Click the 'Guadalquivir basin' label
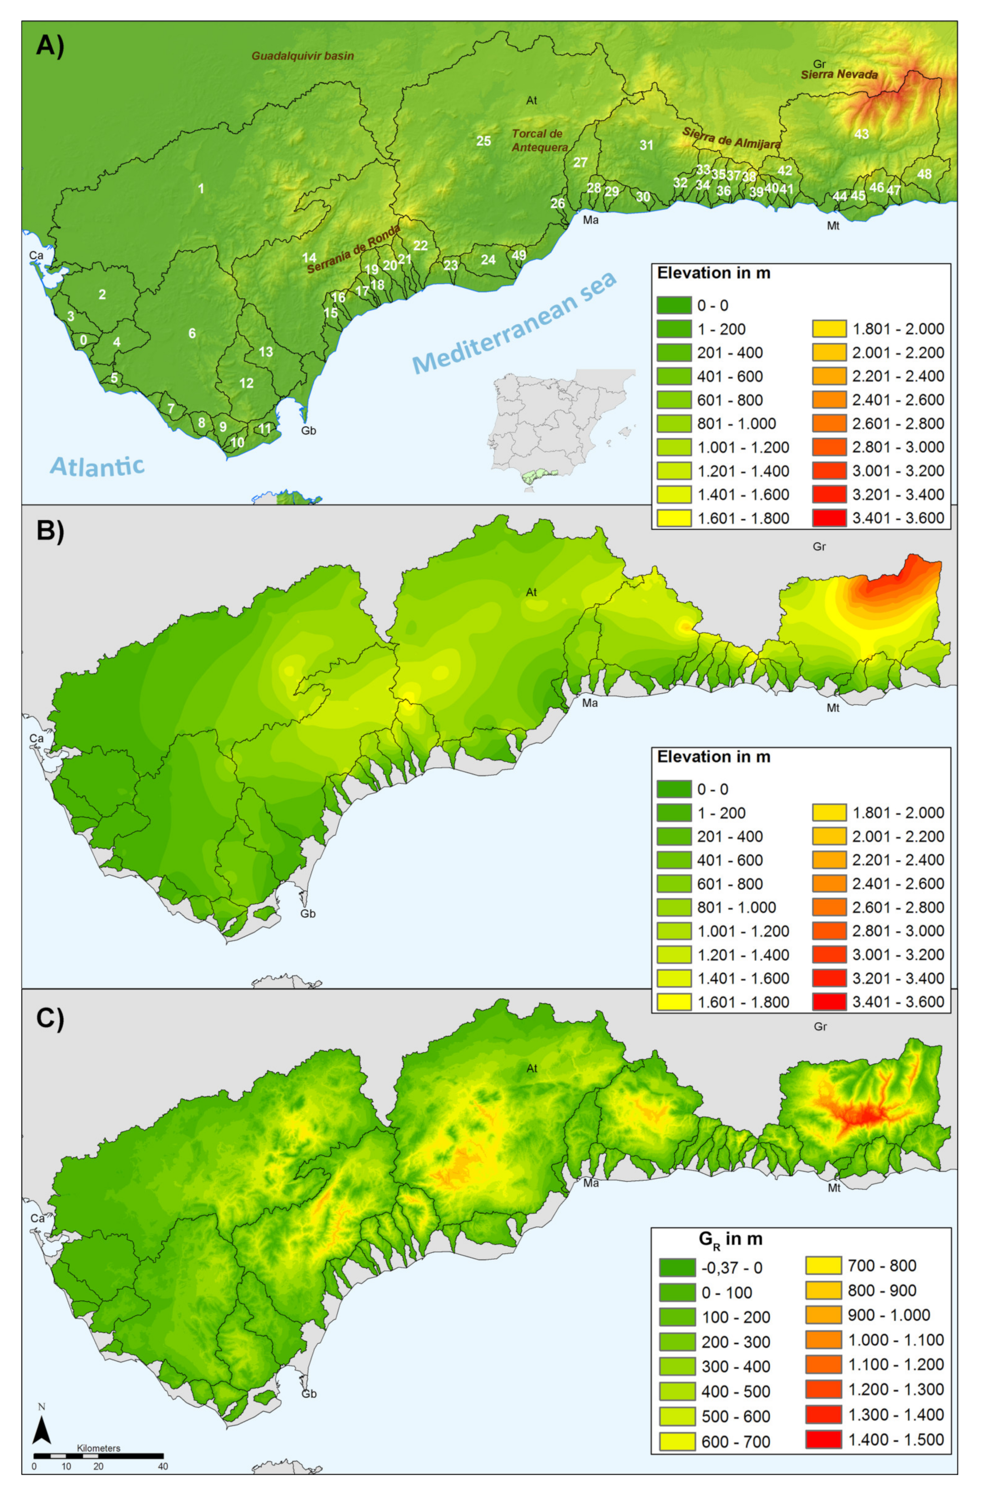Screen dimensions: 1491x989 pos(303,55)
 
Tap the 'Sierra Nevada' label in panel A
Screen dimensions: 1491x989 pos(839,74)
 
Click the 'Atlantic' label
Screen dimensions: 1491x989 pos(97,467)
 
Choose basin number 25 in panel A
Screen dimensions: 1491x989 pos(483,141)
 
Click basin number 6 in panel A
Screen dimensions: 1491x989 pos(192,333)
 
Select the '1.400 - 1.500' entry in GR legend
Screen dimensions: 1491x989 pos(823,1439)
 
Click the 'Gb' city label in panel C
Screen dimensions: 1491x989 pos(309,1394)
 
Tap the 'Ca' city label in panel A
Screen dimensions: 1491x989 pos(36,255)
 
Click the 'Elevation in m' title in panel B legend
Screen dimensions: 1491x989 pos(713,756)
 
